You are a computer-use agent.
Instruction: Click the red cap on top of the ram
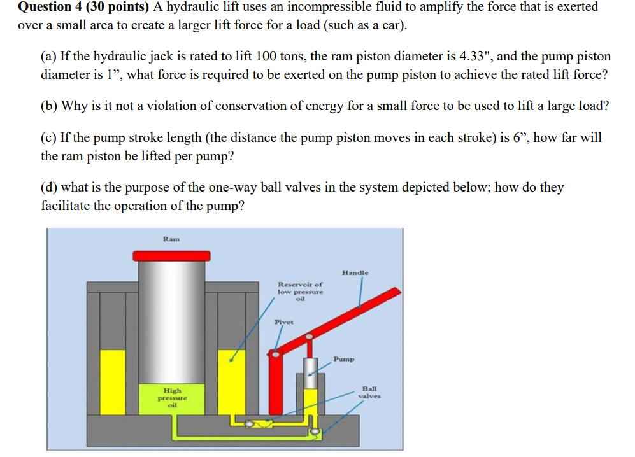coord(171,255)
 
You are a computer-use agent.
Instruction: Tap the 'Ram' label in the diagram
coord(171,239)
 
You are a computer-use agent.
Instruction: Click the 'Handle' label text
coord(355,272)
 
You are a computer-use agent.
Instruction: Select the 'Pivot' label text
coord(283,321)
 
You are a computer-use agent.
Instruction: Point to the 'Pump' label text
coord(343,359)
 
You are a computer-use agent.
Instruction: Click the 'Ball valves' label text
coord(369,391)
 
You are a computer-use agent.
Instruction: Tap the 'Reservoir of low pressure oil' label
coord(300,291)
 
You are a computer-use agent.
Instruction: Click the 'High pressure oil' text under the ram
coord(172,397)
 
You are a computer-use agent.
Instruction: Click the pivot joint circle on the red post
coord(275,354)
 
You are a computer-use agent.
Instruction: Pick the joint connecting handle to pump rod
coord(310,336)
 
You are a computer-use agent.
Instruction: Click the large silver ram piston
coord(171,318)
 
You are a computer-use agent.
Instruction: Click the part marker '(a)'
coord(49,57)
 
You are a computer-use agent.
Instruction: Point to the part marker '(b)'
coord(50,106)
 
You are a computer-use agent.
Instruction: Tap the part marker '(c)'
coord(49,138)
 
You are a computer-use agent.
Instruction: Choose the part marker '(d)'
coord(50,188)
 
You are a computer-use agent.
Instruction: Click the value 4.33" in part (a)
coord(472,57)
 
